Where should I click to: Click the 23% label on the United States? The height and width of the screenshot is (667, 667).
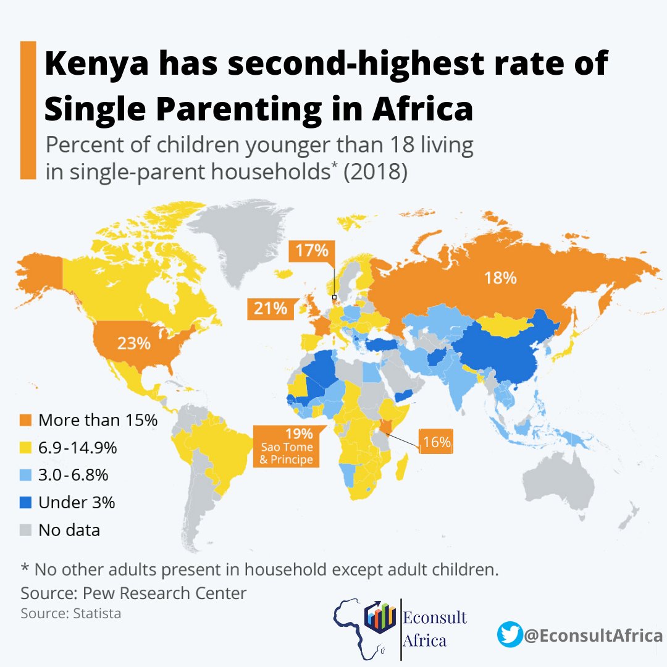(x=135, y=343)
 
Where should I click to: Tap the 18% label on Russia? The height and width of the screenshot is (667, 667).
(x=500, y=278)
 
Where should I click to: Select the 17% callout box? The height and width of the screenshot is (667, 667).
(x=311, y=251)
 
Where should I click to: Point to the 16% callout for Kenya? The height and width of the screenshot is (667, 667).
(x=437, y=442)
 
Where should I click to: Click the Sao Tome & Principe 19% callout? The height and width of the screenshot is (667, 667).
(x=287, y=446)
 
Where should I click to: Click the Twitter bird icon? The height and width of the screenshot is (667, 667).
(x=510, y=635)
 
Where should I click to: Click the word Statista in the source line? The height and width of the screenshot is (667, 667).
(x=99, y=614)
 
